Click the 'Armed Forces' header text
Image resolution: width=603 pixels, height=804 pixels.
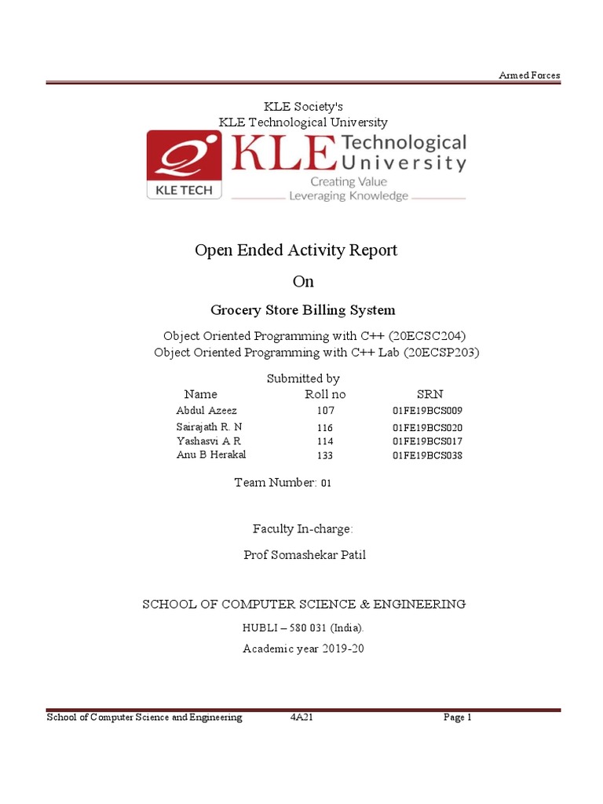(530, 75)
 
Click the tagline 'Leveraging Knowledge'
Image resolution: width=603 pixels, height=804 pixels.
(349, 196)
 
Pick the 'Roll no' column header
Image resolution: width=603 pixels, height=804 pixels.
(325, 394)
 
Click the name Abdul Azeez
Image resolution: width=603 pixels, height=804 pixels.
(206, 411)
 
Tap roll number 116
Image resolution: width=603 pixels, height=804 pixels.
(325, 428)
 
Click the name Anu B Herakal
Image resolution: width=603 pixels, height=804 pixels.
(211, 455)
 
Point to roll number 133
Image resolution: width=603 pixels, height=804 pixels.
(325, 455)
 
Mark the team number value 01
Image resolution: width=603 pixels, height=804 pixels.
(325, 483)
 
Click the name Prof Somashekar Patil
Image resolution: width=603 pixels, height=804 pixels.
(305, 556)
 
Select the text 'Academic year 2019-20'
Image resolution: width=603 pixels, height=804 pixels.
(303, 649)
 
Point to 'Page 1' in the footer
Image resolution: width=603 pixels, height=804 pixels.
(457, 718)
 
